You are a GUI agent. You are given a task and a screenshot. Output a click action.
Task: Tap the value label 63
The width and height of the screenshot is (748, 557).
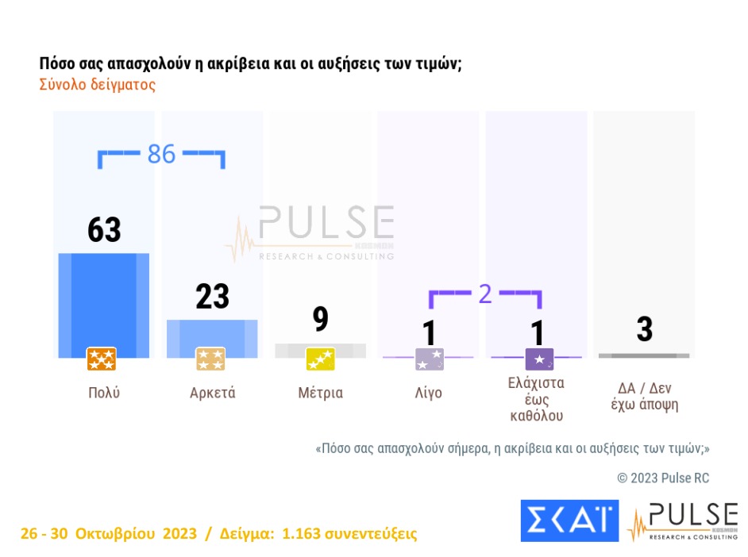click(x=104, y=230)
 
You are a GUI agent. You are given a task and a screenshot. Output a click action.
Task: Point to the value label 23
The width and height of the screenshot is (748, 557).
click(x=212, y=297)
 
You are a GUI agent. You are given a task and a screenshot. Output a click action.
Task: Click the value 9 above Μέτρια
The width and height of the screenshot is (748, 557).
click(x=320, y=320)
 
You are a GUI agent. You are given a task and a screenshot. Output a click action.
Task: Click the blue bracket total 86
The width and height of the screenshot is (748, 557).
click(x=161, y=154)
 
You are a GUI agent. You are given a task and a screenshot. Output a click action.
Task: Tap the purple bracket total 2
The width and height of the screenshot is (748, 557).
click(x=484, y=294)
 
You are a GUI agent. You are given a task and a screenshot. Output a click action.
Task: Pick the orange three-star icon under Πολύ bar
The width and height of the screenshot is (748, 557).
click(x=102, y=359)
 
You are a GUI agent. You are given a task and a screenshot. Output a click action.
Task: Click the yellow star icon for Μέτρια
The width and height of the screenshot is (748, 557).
click(x=320, y=359)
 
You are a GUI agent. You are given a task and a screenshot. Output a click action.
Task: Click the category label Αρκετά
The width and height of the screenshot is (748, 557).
click(x=212, y=393)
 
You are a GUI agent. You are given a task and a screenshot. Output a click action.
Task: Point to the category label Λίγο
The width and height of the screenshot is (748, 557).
click(x=429, y=393)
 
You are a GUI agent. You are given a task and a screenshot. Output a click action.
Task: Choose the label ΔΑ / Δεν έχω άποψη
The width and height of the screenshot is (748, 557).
click(x=644, y=396)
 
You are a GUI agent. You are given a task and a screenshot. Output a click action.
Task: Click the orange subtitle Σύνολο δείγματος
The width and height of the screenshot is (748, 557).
click(x=97, y=85)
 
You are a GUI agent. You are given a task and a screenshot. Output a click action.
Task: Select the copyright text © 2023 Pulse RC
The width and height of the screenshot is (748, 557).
click(x=663, y=478)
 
